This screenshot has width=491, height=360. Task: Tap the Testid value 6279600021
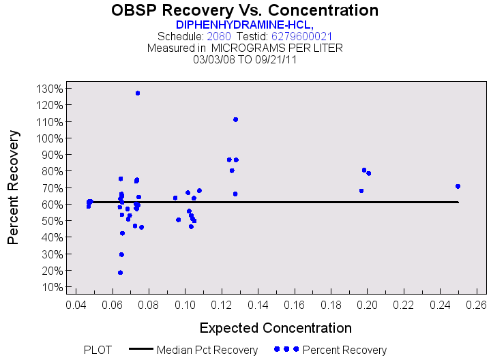(302, 36)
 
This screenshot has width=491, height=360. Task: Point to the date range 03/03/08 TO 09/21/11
(245, 59)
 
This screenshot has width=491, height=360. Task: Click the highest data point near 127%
(138, 93)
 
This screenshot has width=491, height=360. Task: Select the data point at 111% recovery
(235, 119)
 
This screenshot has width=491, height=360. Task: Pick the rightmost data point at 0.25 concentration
(458, 186)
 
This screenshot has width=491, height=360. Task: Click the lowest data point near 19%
(120, 273)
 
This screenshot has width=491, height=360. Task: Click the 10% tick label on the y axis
(54, 287)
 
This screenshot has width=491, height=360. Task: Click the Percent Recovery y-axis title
(14, 187)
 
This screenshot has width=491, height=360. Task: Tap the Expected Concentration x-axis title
(276, 327)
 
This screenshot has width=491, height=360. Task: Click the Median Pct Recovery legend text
(207, 350)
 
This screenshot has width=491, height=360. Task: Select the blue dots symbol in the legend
(286, 349)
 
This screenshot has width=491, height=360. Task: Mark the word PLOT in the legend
(98, 350)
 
